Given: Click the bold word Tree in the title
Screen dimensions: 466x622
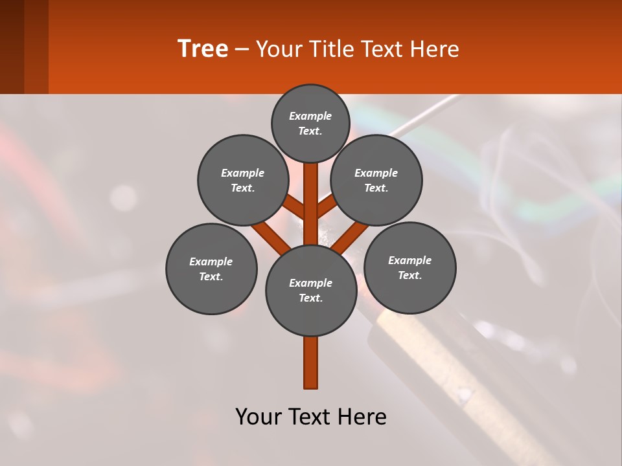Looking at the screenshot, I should pyautogui.click(x=203, y=49).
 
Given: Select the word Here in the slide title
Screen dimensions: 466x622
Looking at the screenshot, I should pyautogui.click(x=435, y=49).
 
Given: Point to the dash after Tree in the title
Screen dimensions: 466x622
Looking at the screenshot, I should pyautogui.click(x=242, y=49).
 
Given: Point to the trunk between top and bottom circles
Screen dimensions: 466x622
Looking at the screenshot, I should pyautogui.click(x=311, y=204).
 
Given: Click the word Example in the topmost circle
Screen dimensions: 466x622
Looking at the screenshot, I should pyautogui.click(x=310, y=116).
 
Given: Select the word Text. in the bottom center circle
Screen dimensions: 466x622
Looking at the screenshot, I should pyautogui.click(x=310, y=298).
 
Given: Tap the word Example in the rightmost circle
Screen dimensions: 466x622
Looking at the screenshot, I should pyautogui.click(x=409, y=260).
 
